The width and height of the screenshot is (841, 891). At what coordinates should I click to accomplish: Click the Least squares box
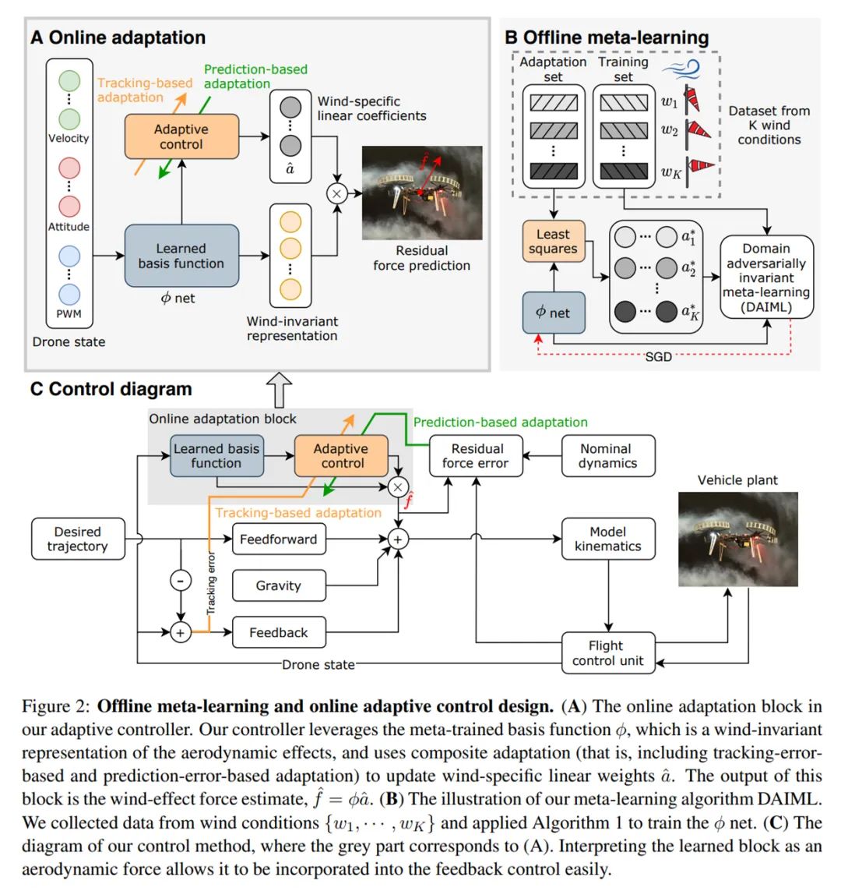(553, 242)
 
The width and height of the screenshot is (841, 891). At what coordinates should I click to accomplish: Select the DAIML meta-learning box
(766, 278)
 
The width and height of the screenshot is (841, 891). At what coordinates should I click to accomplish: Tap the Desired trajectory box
(77, 539)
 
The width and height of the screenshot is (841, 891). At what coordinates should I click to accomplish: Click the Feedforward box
(279, 539)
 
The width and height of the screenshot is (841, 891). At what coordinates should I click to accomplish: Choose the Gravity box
(279, 585)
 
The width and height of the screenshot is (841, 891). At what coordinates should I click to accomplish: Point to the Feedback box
(279, 632)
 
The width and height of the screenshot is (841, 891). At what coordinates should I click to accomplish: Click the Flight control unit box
(607, 652)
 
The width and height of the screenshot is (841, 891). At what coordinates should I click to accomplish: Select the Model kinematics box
(607, 539)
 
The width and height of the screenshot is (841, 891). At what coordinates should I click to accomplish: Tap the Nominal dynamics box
(607, 456)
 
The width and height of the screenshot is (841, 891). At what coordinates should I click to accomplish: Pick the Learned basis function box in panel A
(181, 256)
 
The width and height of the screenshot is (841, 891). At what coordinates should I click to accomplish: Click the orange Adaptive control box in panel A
(181, 136)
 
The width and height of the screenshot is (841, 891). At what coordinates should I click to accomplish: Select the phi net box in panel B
(553, 313)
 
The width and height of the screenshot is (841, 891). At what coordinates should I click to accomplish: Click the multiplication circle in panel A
(336, 193)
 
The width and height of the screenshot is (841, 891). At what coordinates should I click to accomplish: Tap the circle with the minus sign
(181, 581)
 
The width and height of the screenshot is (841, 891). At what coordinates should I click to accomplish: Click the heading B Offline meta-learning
(607, 37)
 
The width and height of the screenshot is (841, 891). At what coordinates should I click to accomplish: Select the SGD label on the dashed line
(658, 356)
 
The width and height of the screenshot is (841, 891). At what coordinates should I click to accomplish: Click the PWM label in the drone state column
(69, 314)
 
